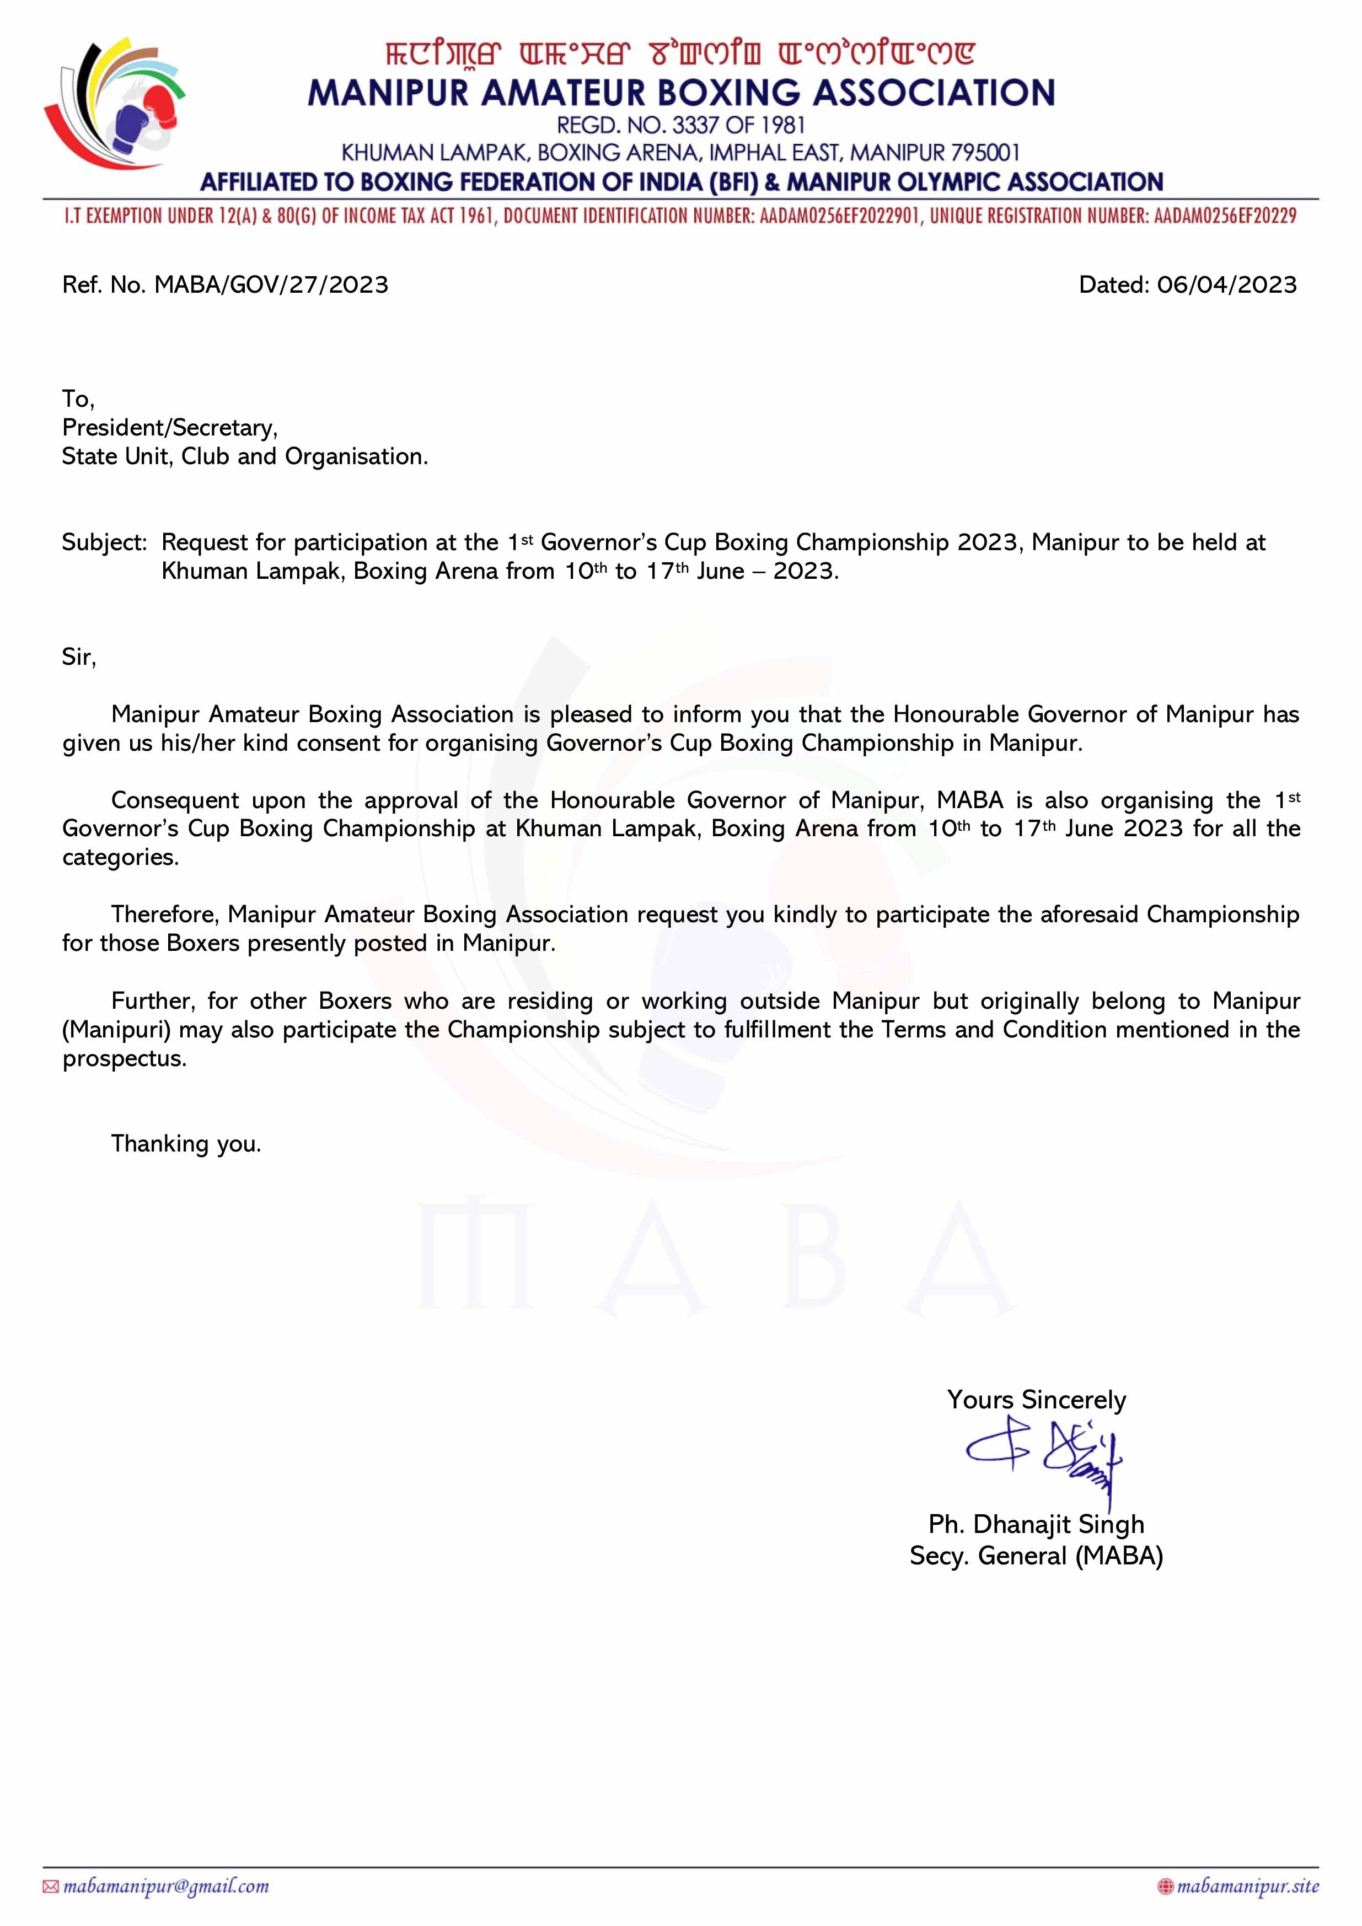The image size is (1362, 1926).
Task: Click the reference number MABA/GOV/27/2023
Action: coord(271,285)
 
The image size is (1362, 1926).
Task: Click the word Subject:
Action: coord(104,543)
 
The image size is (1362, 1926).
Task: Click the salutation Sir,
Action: coord(79,657)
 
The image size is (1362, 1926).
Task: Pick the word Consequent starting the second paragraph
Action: coord(175,800)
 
